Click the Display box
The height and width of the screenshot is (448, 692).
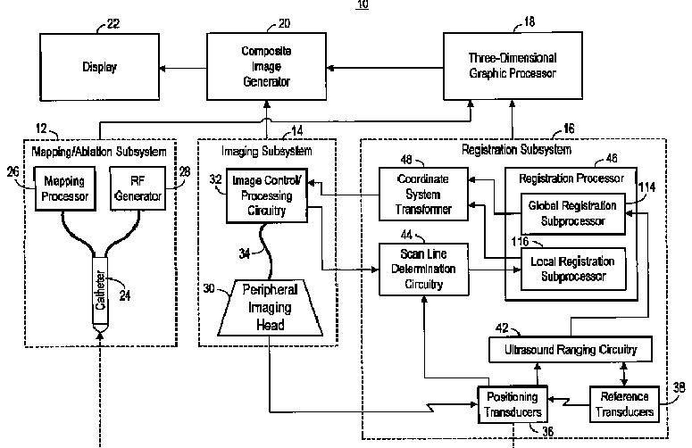[100, 67]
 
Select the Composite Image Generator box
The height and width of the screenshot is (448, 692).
[267, 66]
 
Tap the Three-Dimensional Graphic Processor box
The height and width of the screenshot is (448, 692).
[513, 66]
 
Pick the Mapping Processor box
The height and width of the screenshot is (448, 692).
[65, 188]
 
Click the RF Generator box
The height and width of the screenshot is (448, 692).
[138, 188]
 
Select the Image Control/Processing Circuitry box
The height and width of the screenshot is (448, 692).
[267, 195]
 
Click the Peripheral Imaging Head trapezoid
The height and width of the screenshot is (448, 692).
[270, 308]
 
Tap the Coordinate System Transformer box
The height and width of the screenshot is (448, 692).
[423, 194]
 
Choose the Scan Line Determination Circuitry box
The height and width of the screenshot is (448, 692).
[423, 269]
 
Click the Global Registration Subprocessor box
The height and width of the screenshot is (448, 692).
[573, 213]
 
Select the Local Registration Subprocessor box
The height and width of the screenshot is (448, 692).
[573, 269]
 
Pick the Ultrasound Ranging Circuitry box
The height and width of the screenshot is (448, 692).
[571, 350]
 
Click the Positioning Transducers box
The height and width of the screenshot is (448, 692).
[513, 405]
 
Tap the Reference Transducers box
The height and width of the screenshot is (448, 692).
[624, 404]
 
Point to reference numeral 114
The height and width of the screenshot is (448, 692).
[646, 187]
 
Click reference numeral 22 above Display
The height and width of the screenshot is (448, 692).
[113, 23]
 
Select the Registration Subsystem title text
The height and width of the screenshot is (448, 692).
[516, 150]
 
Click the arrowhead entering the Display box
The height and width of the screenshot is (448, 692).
[163, 69]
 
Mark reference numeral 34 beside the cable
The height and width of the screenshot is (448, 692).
[244, 253]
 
